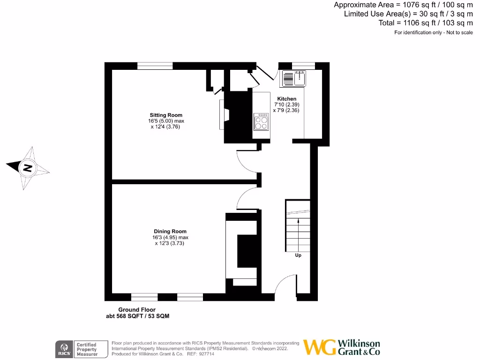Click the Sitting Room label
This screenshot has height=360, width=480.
click(x=166, y=115)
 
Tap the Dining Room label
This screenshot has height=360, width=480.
click(x=170, y=231)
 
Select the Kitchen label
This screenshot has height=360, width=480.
click(x=286, y=98)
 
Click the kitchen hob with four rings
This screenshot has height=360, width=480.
click(x=262, y=122)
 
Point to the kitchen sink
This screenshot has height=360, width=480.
click(x=294, y=78)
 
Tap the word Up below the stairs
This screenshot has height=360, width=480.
click(x=298, y=255)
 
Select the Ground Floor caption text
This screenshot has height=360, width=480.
click(x=137, y=310)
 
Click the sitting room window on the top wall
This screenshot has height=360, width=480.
click(x=155, y=66)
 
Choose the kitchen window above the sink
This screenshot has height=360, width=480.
click(x=303, y=66)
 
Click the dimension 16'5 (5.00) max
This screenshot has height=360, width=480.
click(x=166, y=121)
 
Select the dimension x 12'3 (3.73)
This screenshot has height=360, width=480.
click(x=170, y=243)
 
